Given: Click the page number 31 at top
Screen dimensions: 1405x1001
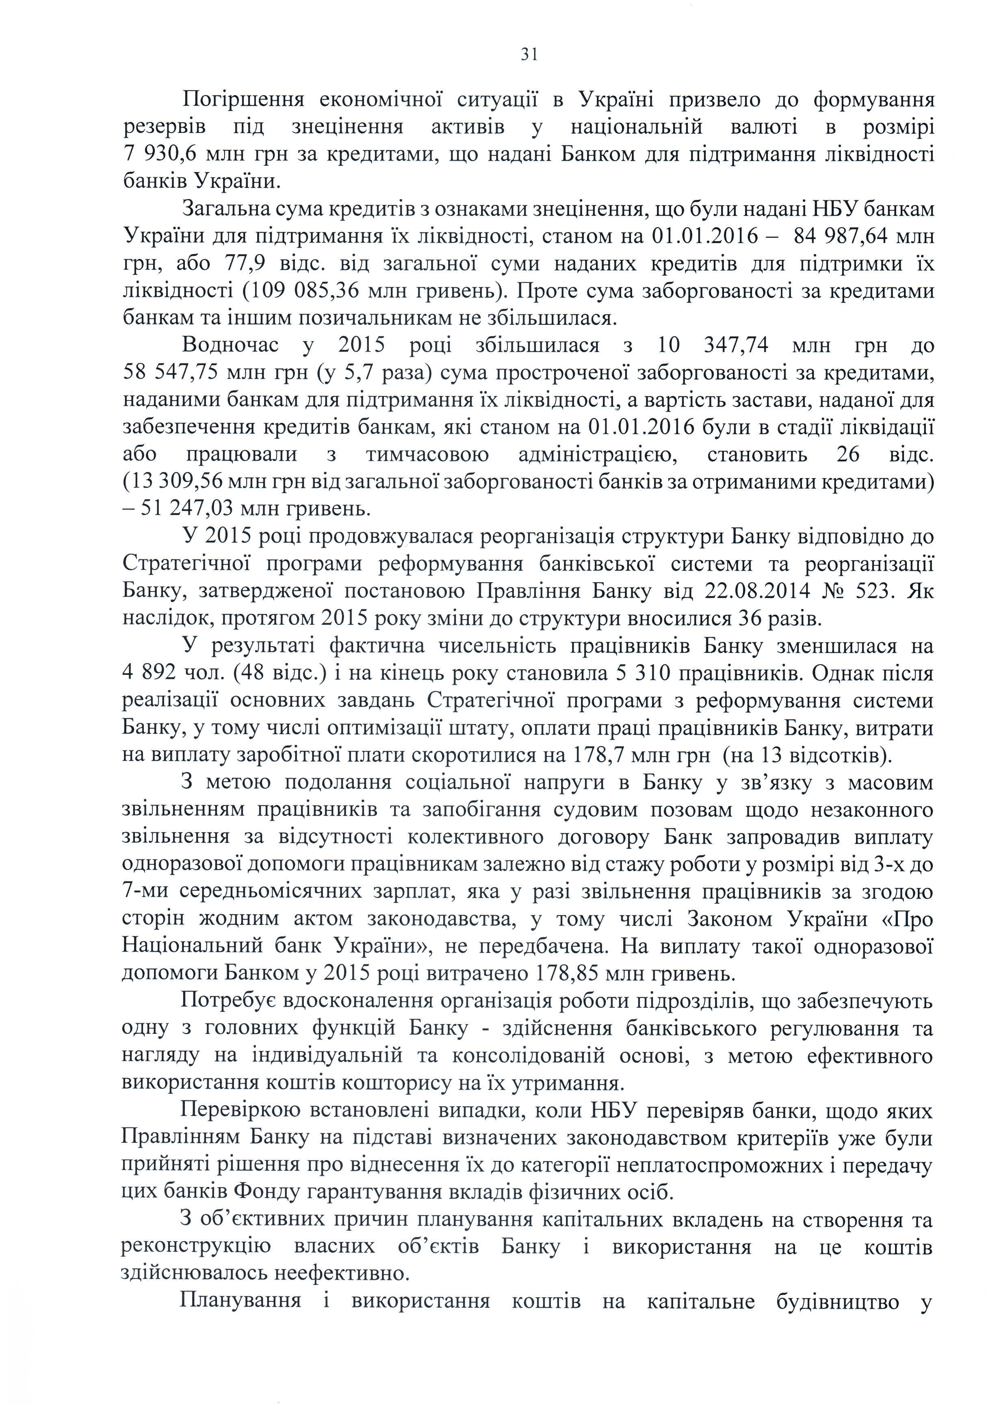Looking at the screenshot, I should pos(529,55).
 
